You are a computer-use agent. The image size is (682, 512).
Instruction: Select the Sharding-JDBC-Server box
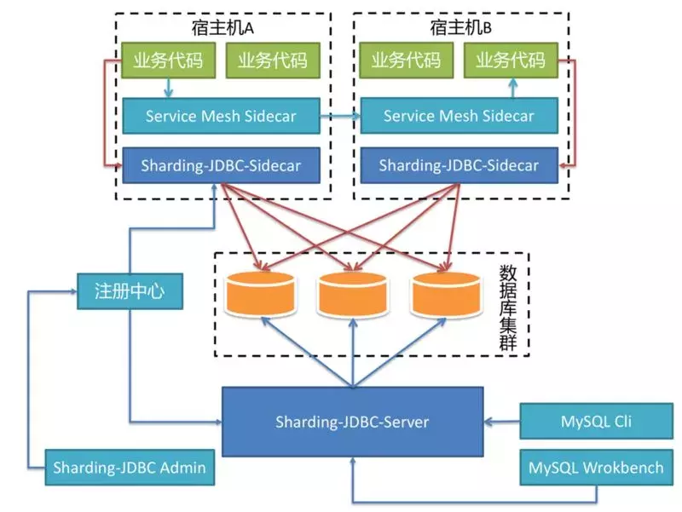point(352,421)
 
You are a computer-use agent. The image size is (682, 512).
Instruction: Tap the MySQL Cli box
point(596,421)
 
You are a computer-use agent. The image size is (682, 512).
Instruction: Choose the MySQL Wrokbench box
point(596,467)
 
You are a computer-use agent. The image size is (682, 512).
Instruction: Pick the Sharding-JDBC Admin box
point(129,467)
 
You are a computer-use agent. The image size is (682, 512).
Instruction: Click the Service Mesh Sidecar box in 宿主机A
point(221,115)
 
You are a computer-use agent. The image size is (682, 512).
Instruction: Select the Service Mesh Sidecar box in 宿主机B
point(459,115)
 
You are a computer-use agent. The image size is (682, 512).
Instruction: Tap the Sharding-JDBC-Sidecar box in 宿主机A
point(221,164)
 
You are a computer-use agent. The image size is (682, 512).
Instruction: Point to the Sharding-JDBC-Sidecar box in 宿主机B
point(459,164)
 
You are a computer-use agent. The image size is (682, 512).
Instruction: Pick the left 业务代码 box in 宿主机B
point(406,60)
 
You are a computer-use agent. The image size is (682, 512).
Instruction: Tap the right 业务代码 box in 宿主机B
point(510,60)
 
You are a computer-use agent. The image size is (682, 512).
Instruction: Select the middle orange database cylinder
point(352,291)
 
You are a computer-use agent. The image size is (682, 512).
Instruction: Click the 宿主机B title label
point(461,27)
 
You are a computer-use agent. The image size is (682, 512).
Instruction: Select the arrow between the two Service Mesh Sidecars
point(340,115)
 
